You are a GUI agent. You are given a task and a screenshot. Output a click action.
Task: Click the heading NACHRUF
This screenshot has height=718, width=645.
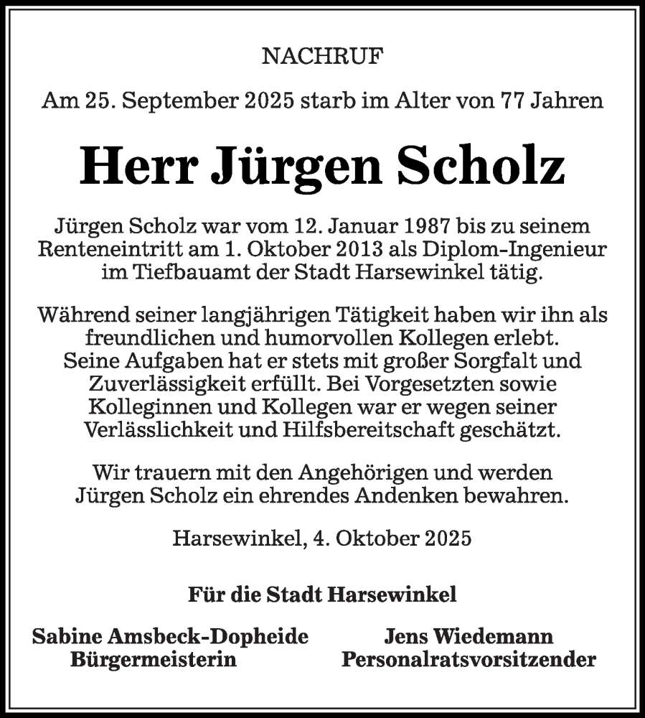click(x=322, y=58)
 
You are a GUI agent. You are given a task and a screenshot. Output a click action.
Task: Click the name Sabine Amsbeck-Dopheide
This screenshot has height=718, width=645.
click(x=171, y=636)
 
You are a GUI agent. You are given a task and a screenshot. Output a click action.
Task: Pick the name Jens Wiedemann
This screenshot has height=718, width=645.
click(x=469, y=636)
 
